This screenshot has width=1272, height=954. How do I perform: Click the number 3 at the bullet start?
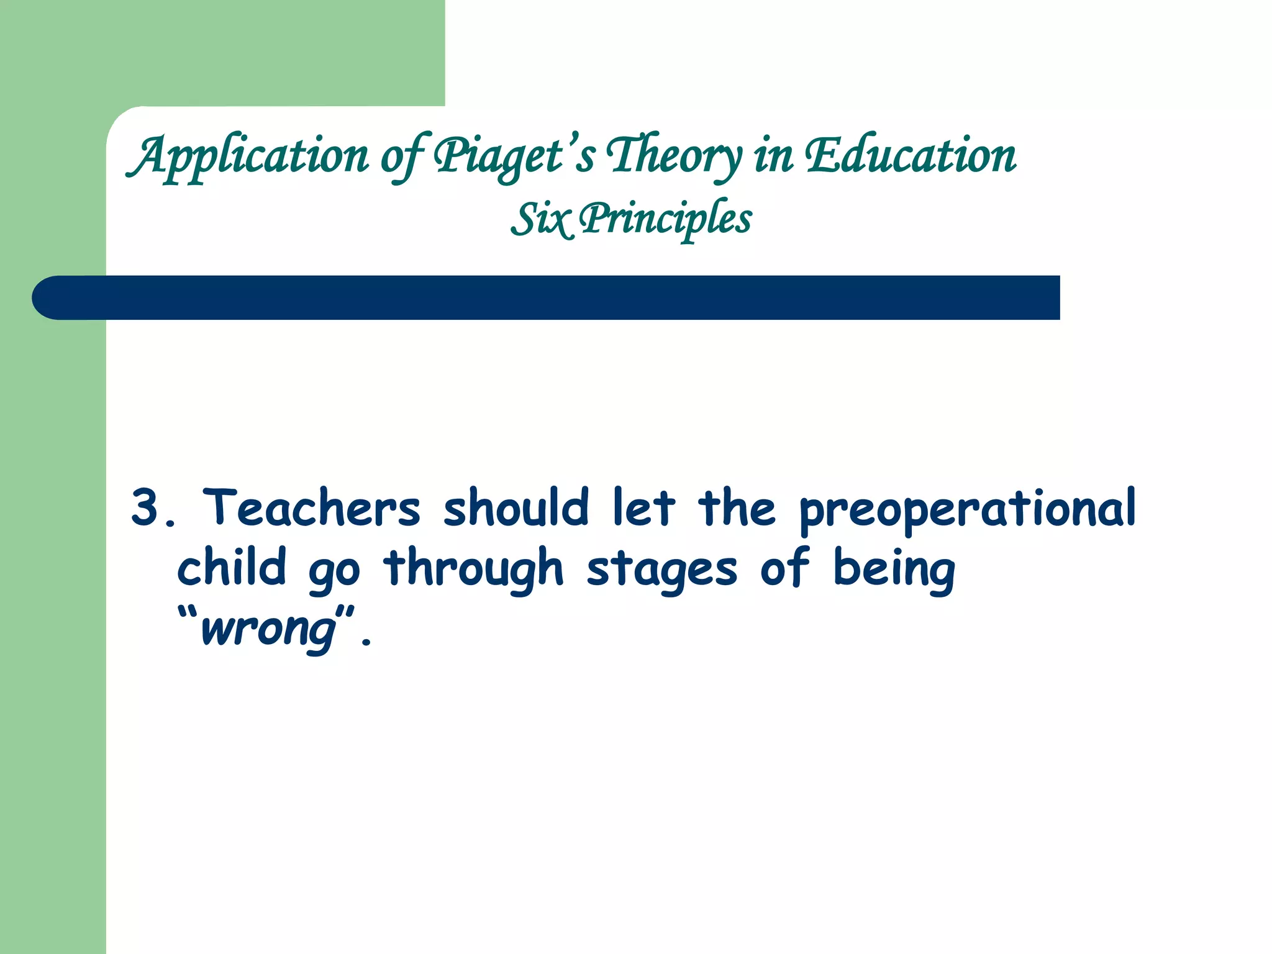tap(145, 508)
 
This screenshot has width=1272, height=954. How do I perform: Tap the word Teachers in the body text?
tap(311, 508)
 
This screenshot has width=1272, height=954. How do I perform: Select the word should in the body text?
tap(516, 508)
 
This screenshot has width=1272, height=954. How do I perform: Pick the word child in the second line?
tap(231, 567)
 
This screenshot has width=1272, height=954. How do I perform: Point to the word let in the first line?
tap(643, 508)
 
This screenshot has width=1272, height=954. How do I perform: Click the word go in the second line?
tap(334, 571)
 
